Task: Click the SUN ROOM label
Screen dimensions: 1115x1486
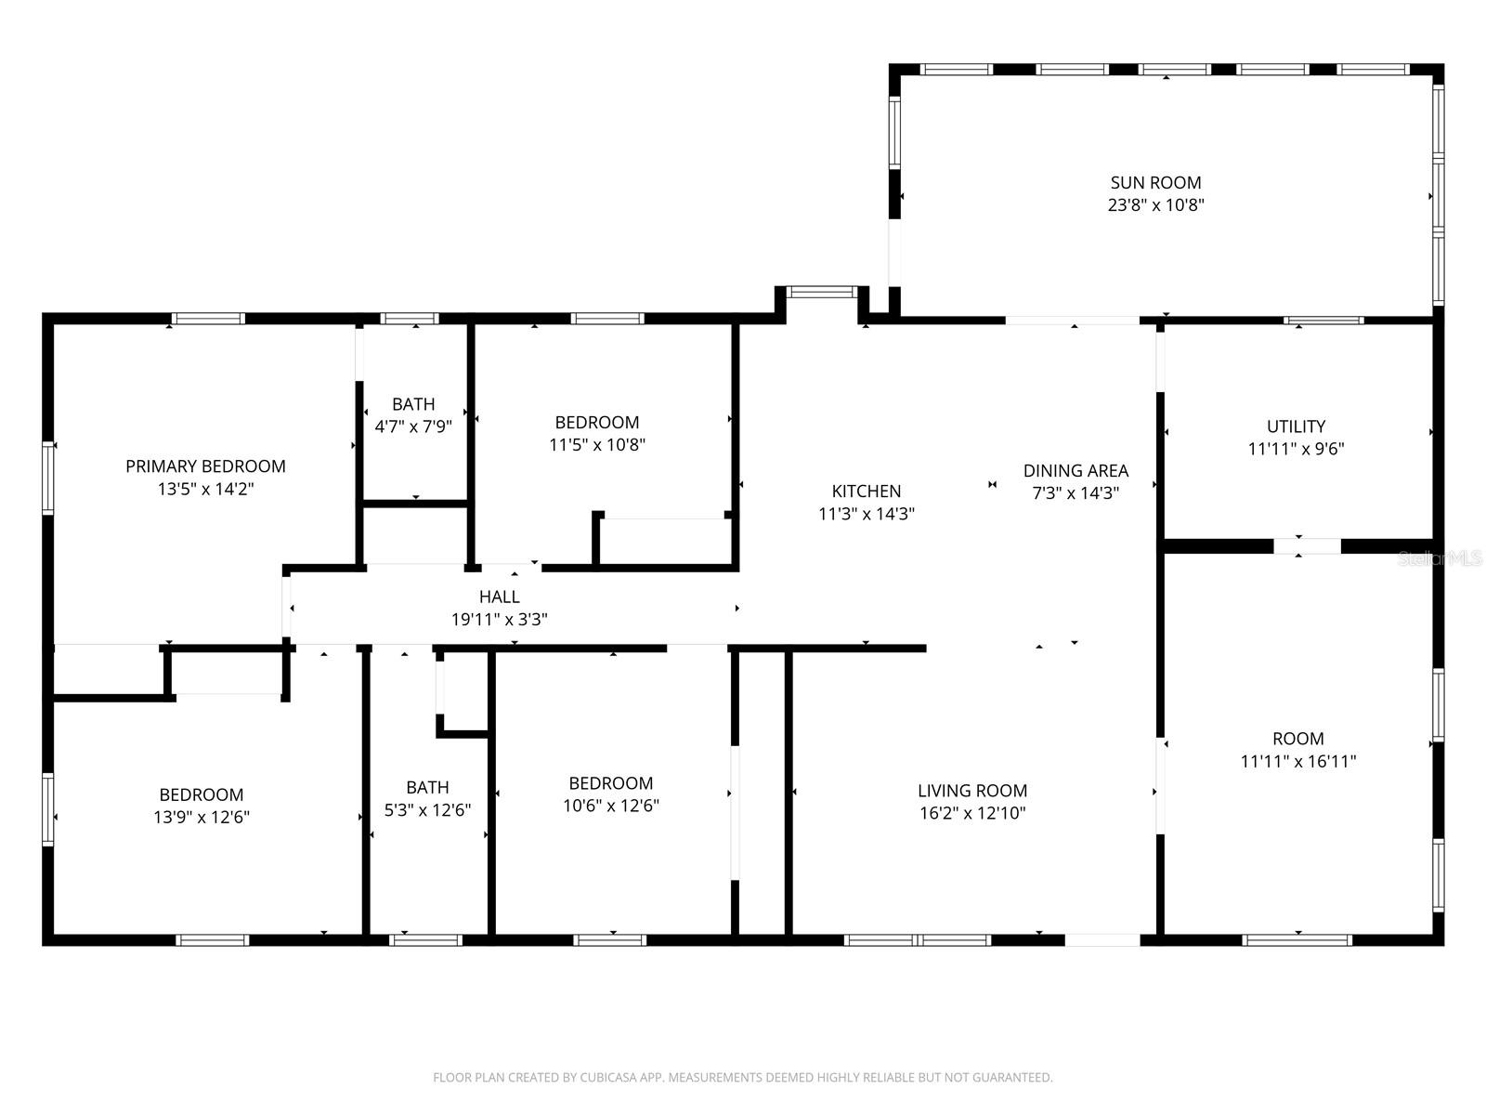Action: coord(1155,183)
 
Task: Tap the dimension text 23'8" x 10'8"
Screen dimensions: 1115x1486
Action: coord(1155,205)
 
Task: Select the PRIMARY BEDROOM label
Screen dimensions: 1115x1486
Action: coord(205,466)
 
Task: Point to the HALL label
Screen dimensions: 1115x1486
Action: coord(499,597)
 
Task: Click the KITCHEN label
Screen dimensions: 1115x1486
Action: coord(866,491)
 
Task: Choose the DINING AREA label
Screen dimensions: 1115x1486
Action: coord(1075,471)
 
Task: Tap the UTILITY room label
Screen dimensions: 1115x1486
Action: coord(1296,426)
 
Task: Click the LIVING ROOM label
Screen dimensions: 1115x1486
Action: coord(971,791)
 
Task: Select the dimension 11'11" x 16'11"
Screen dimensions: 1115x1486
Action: coord(1297,762)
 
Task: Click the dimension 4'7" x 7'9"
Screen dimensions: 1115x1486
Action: coord(413,427)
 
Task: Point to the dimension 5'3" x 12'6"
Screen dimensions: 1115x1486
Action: coord(427,810)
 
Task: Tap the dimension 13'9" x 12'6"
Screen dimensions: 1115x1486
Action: coord(202,818)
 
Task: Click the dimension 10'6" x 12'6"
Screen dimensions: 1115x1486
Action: coord(610,806)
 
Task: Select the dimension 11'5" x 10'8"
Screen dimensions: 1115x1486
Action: coord(596,444)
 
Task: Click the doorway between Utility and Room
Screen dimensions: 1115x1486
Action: coord(1307,545)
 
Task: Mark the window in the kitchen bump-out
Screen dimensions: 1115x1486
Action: coord(822,292)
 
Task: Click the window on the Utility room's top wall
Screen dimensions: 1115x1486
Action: coord(1323,321)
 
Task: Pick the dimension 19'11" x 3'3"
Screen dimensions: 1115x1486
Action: coord(499,620)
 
